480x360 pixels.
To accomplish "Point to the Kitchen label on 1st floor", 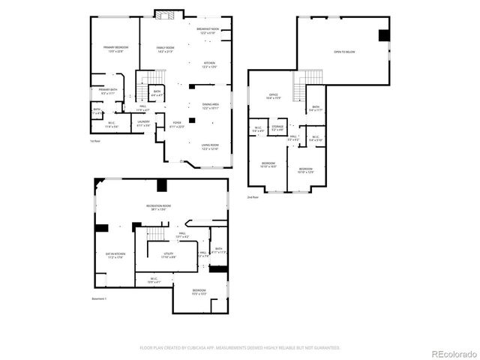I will (x=209, y=65).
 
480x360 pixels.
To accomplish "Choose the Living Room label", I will (x=209, y=146).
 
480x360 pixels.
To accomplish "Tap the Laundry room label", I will (x=144, y=123).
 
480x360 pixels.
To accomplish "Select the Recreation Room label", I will (x=159, y=207).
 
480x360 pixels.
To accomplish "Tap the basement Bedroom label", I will (x=199, y=292).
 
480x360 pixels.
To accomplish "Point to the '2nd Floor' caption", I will (x=253, y=197).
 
